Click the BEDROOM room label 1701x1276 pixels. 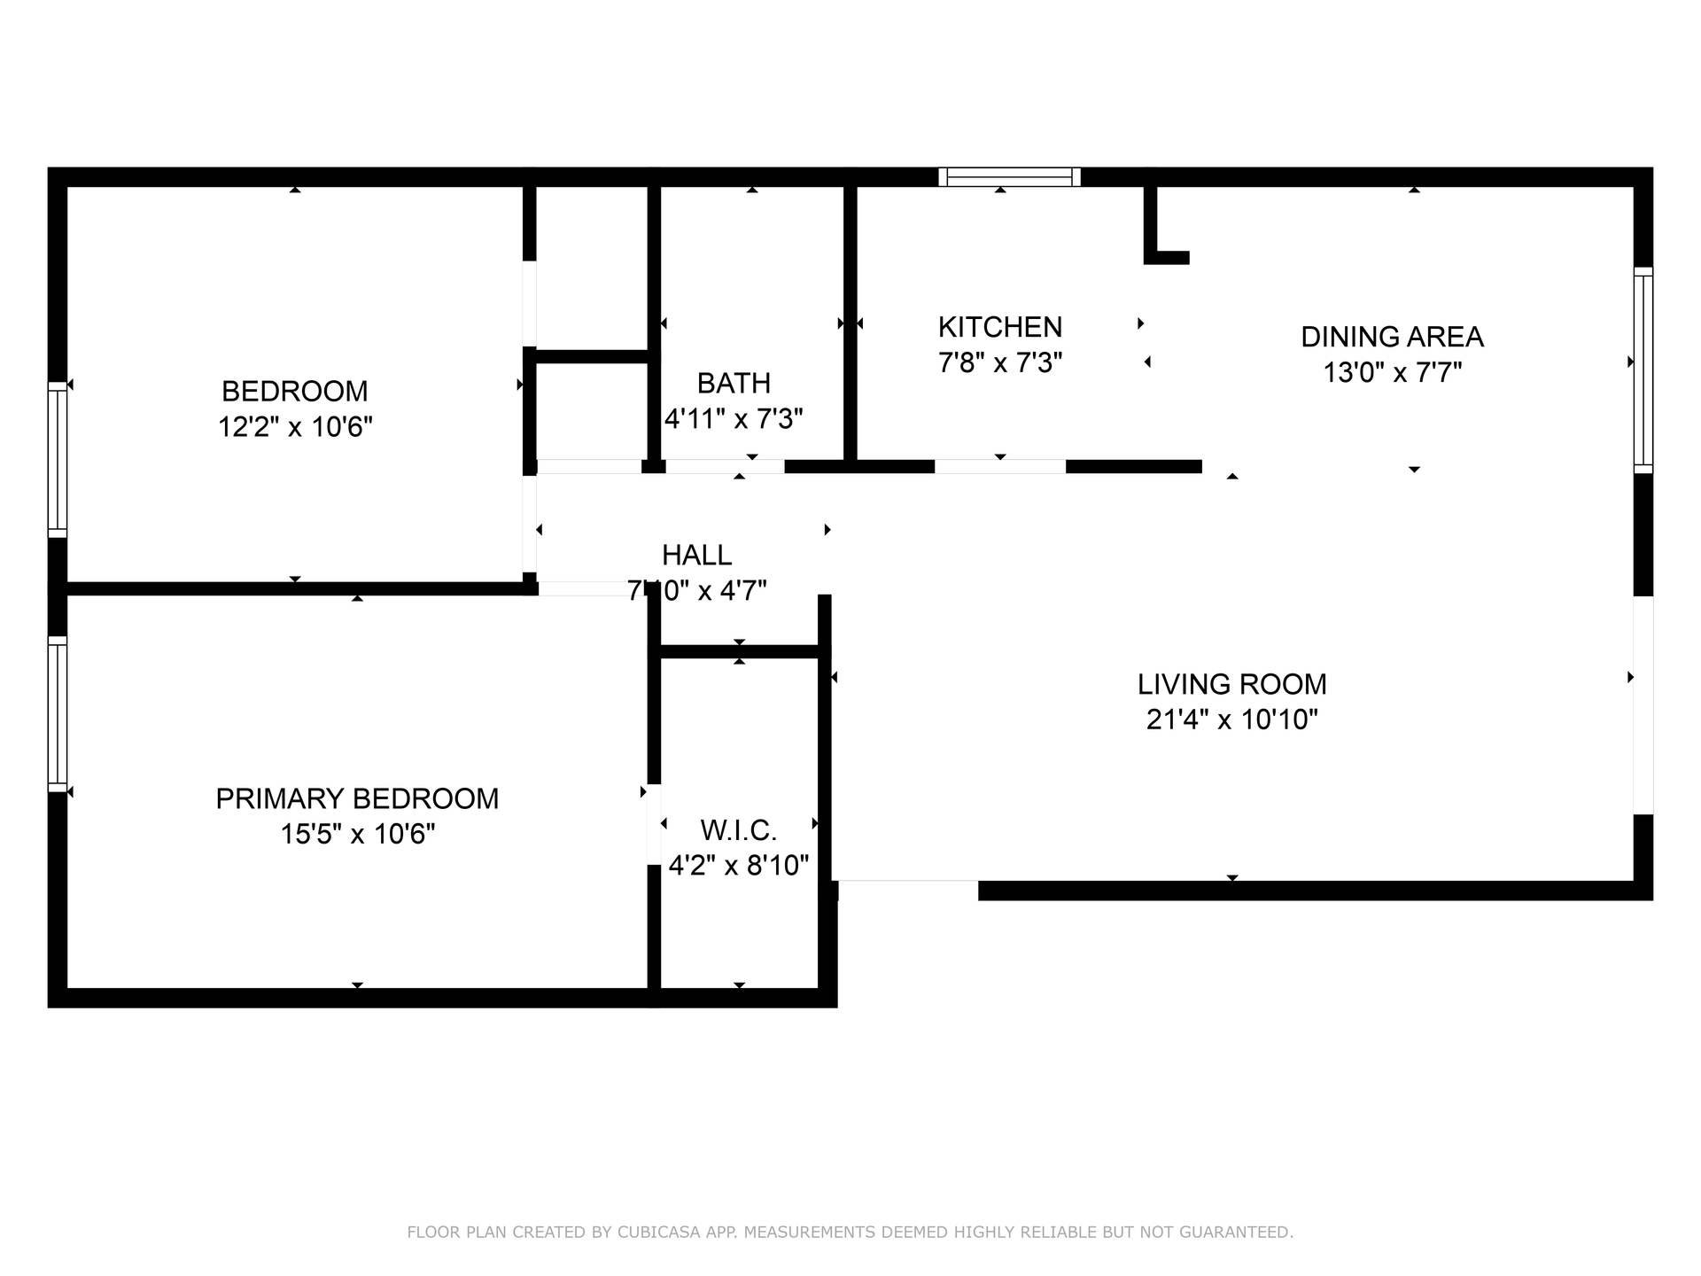pos(294,391)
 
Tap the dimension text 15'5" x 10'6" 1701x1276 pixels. pos(357,835)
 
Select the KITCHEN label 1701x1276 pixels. pos(999,327)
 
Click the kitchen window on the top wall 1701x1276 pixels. pos(1009,177)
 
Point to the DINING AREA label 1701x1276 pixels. pos(1392,337)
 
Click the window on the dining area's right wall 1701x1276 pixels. pos(1643,370)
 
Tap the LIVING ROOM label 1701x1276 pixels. pos(1231,684)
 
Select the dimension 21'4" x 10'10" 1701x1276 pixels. pos(1231,720)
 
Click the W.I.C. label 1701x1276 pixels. pos(738,830)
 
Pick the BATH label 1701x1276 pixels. pos(734,383)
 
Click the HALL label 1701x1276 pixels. pos(696,555)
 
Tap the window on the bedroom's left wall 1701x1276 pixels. pos(58,460)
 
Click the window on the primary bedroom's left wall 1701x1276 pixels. pos(58,714)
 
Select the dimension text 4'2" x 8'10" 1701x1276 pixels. pos(738,865)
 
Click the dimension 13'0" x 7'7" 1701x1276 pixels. pos(1392,372)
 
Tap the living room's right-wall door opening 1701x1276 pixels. pos(1643,705)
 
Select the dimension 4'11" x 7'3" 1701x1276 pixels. pos(734,418)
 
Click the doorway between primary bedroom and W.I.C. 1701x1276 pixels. pos(654,824)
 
